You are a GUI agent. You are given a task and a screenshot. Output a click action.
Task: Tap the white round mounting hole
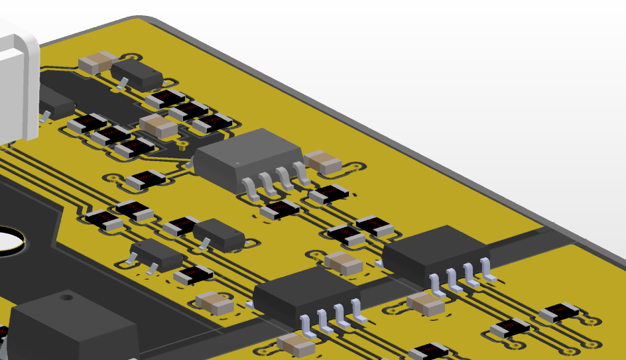(8, 241)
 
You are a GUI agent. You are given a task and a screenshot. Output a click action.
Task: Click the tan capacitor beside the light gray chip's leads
(323, 162)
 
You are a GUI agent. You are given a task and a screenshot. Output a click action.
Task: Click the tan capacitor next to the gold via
(158, 125)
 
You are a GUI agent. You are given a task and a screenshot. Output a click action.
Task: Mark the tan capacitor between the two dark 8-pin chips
(344, 263)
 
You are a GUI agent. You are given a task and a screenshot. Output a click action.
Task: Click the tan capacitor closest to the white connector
(98, 63)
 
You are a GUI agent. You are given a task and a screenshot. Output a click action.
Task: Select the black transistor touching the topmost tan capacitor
(137, 76)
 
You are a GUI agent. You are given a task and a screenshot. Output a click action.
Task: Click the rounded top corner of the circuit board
(143, 20)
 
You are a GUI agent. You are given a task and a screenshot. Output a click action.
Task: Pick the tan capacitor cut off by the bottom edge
(296, 345)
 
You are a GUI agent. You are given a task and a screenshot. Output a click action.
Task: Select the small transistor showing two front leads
(156, 255)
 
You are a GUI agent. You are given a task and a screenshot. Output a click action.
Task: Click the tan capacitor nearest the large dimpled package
(214, 304)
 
